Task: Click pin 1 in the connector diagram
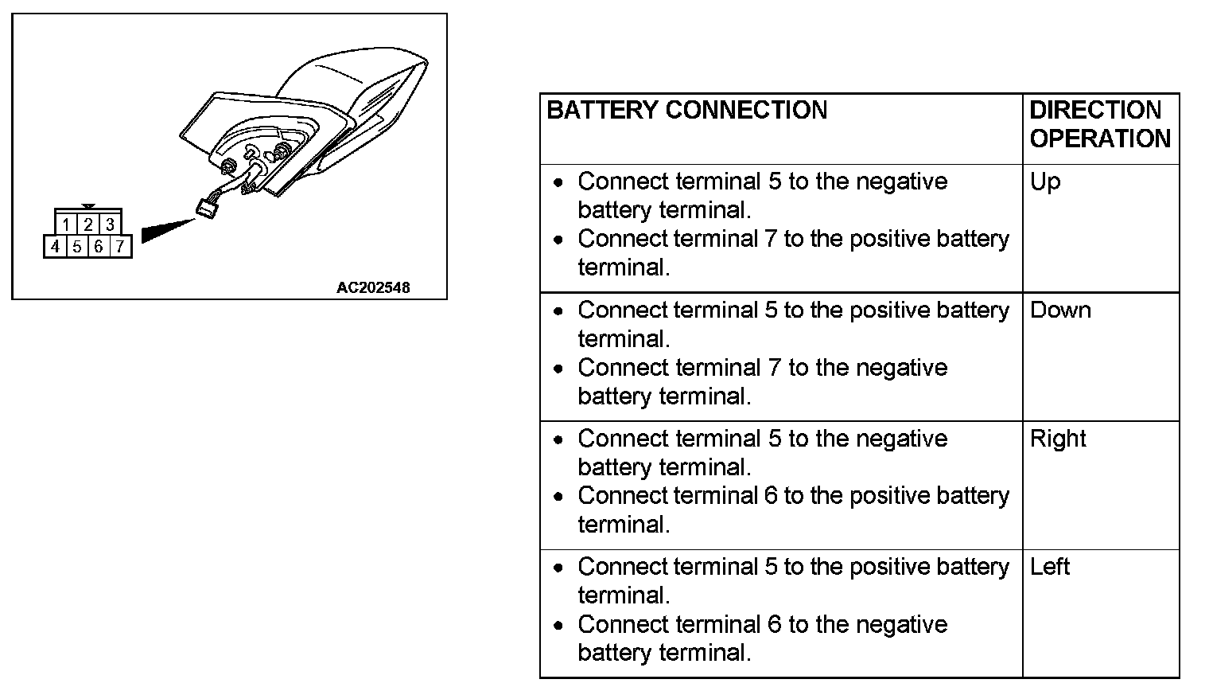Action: [66, 224]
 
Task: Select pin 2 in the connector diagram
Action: [88, 224]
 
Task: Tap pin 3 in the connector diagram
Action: [111, 224]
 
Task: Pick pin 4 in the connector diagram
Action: [55, 247]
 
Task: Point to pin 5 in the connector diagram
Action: [77, 247]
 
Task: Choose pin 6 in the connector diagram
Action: [99, 247]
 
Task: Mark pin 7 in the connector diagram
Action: [120, 247]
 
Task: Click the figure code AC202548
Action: [373, 287]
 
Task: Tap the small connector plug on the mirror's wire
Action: [208, 209]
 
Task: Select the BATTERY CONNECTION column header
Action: [687, 110]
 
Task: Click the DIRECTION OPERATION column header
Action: [1099, 124]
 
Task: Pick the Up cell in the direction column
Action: [1045, 182]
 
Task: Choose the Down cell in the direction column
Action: [1060, 310]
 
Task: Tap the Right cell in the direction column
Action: [1058, 439]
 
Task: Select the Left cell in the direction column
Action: [1050, 567]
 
